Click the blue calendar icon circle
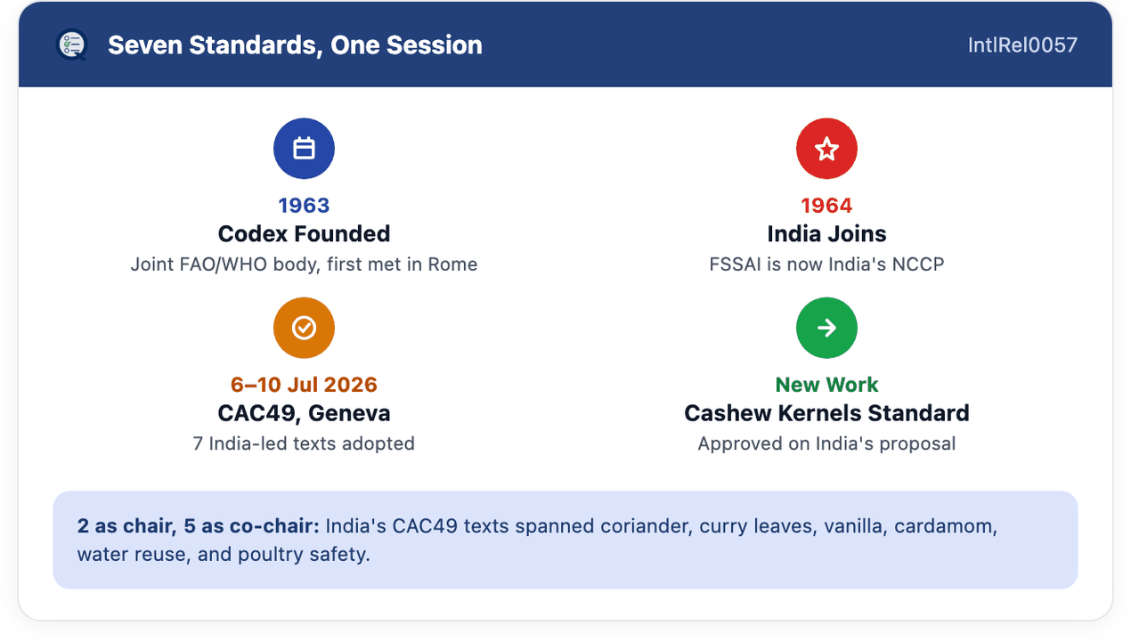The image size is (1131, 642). (304, 149)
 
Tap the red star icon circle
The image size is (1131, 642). (826, 149)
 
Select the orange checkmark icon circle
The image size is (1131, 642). (304, 328)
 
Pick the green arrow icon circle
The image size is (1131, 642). (826, 328)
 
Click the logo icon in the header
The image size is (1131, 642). (72, 45)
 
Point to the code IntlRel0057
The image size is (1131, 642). (1022, 45)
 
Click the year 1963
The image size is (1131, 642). (304, 206)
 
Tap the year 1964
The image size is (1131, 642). (826, 206)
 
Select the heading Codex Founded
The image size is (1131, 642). (304, 233)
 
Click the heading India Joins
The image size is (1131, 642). (826, 233)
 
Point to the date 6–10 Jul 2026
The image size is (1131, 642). (304, 385)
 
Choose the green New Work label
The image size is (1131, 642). (826, 385)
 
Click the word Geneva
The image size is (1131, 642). (349, 413)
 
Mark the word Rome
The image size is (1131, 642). (452, 264)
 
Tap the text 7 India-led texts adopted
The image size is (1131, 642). (304, 443)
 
